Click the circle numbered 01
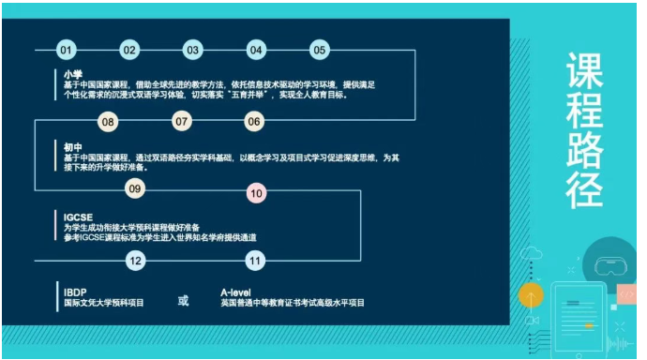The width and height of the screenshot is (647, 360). (x=66, y=50)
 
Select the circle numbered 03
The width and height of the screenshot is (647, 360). (x=192, y=50)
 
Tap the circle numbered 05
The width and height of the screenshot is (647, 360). (x=320, y=50)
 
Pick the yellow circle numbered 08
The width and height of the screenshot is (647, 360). (x=109, y=121)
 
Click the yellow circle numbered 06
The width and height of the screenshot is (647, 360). (x=254, y=121)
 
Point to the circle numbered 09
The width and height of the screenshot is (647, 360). (x=135, y=189)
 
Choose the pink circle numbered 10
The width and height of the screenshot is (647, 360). (x=256, y=192)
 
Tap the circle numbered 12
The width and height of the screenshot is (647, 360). (x=135, y=260)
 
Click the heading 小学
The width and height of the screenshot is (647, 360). (x=73, y=74)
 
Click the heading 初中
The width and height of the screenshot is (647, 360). (x=73, y=146)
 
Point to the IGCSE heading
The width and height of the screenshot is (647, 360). (x=78, y=216)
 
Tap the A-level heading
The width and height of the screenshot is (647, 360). (x=237, y=292)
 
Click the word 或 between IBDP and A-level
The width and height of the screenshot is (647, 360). (x=184, y=300)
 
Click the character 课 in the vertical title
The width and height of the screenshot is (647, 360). (x=583, y=74)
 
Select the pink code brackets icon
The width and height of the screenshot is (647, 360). (x=628, y=293)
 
